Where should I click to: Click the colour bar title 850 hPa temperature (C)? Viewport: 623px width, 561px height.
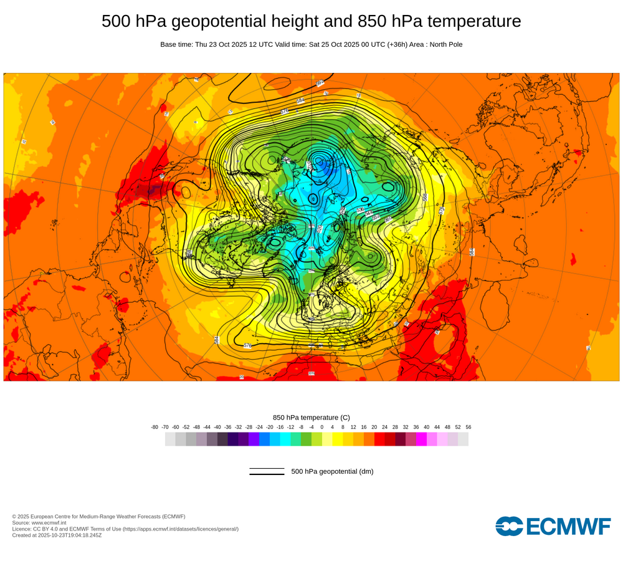coord(311,418)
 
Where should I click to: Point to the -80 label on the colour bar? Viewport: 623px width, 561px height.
coord(155,427)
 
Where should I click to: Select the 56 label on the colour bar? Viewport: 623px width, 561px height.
coord(468,427)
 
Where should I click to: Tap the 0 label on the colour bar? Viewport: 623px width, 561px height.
coord(322,427)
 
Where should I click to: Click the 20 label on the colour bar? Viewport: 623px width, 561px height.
coord(374,427)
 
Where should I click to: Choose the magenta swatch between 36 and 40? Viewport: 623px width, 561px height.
coord(421,439)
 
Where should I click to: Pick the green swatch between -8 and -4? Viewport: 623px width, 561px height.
coord(306,439)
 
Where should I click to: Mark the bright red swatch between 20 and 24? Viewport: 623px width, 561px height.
coord(379,439)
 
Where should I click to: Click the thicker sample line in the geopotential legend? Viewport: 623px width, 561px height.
coord(267,474)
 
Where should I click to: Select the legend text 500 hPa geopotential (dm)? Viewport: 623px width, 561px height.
coord(332,471)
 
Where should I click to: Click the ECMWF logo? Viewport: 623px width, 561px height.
coord(553,526)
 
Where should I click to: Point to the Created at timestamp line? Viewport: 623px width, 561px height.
coord(57,535)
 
